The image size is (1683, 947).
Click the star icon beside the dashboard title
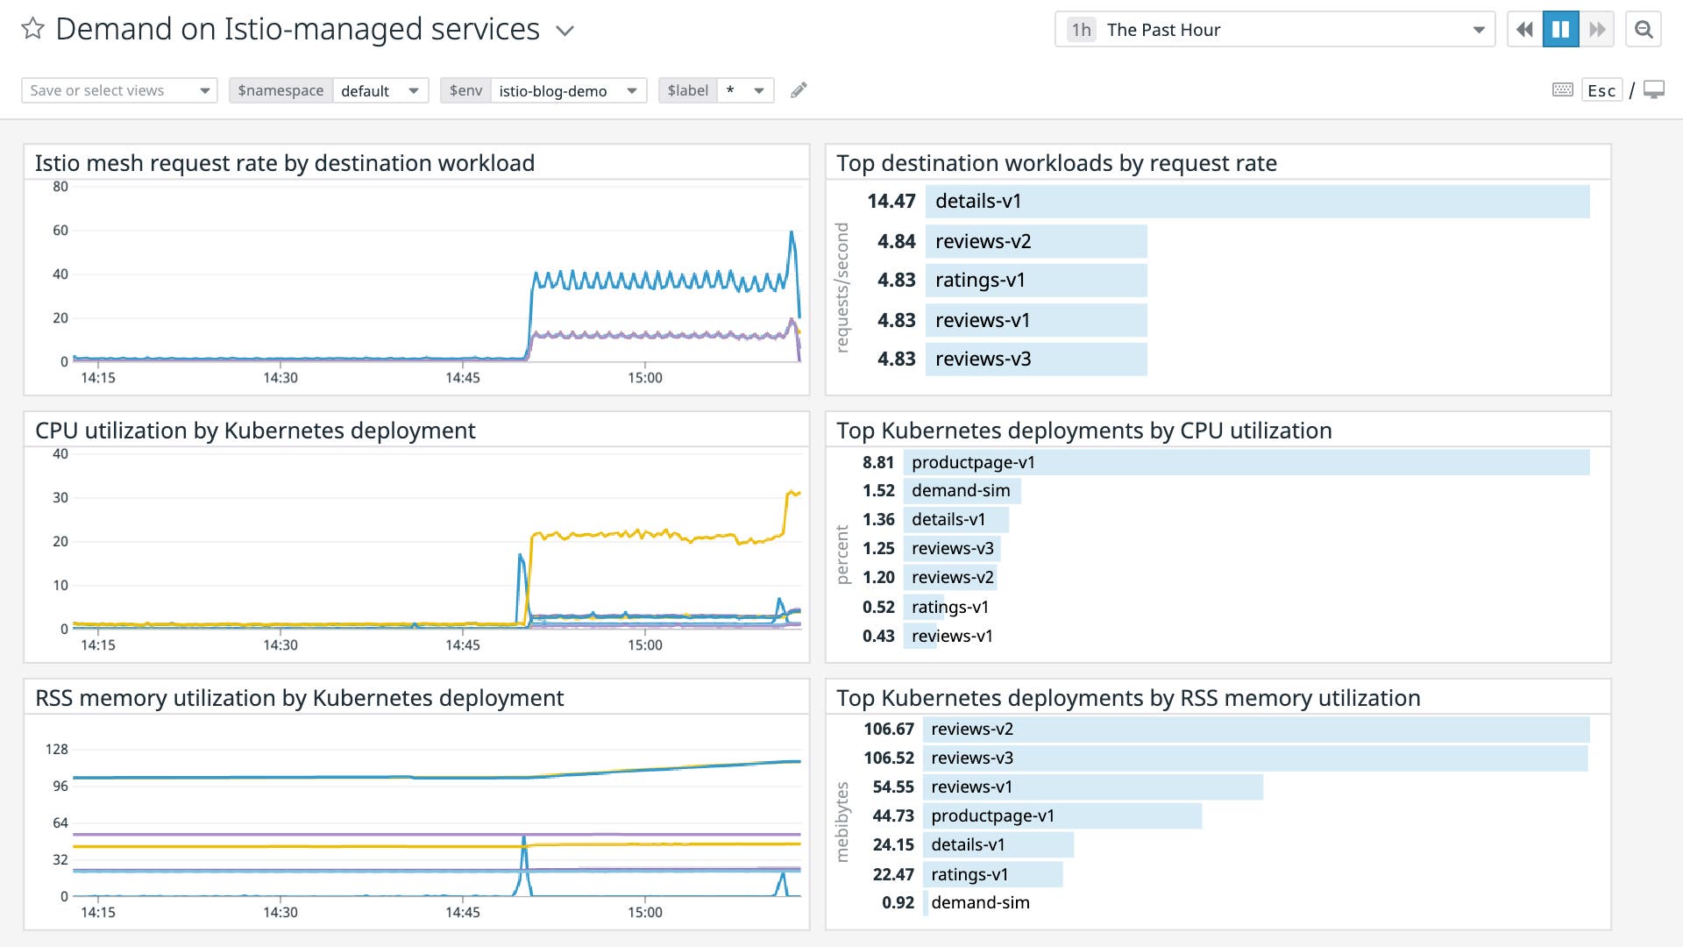[32, 29]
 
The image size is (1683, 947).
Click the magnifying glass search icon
[1644, 30]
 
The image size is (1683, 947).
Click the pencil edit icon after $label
[798, 90]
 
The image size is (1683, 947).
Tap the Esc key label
[1601, 90]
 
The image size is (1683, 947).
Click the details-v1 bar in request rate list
[1257, 201]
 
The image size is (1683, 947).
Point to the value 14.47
[891, 201]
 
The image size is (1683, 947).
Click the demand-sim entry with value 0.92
[979, 902]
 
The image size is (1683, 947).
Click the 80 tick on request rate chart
[60, 186]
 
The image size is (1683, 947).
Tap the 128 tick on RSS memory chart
[56, 749]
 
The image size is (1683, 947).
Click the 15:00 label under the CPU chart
[644, 644]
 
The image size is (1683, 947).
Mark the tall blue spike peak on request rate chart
[792, 232]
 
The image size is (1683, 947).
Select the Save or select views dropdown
[119, 90]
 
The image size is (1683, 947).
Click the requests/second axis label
[842, 288]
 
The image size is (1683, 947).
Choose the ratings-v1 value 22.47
[892, 874]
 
